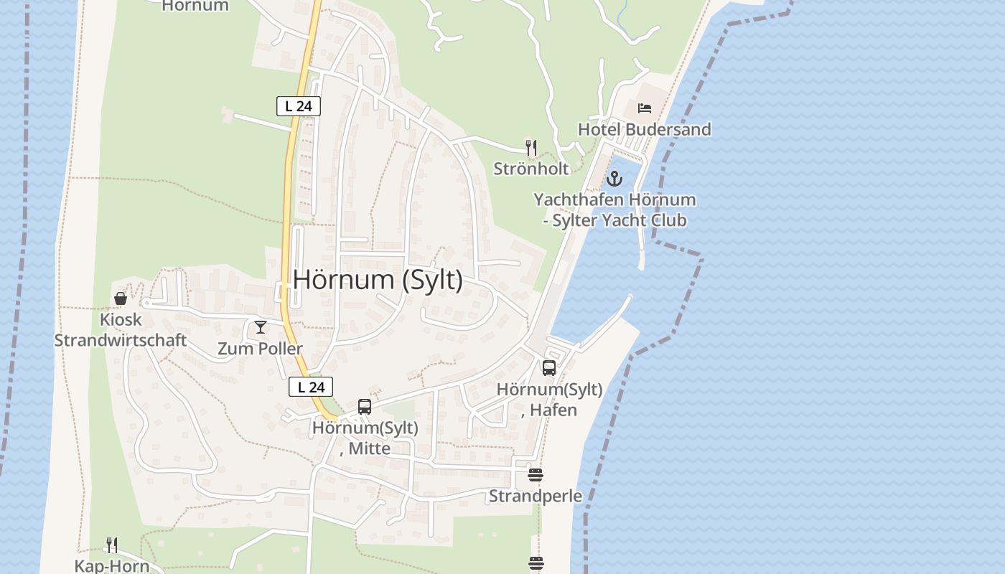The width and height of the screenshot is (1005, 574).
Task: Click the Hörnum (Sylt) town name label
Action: pyautogui.click(x=378, y=279)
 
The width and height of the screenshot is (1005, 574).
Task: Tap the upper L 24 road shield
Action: pyautogui.click(x=298, y=106)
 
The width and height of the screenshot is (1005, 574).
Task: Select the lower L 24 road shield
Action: pyautogui.click(x=311, y=387)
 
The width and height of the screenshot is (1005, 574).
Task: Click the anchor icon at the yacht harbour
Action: pyautogui.click(x=614, y=178)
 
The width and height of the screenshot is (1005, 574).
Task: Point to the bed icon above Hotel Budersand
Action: pyautogui.click(x=645, y=108)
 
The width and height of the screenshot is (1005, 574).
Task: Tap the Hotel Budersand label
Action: pyautogui.click(x=644, y=130)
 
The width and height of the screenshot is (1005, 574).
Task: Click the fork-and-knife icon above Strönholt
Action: pyautogui.click(x=531, y=148)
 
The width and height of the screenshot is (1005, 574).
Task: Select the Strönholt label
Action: pyautogui.click(x=531, y=169)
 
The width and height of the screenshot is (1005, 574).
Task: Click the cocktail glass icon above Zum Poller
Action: pyautogui.click(x=261, y=327)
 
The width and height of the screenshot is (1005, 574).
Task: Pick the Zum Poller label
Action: pyautogui.click(x=261, y=349)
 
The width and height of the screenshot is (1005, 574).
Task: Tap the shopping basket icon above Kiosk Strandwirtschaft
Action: pyautogui.click(x=121, y=298)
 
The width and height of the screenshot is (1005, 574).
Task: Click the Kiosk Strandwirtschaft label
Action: pyautogui.click(x=121, y=330)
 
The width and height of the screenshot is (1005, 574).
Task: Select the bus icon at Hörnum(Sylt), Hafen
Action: pyautogui.click(x=549, y=368)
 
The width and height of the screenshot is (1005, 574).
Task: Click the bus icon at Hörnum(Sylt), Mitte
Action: pyautogui.click(x=365, y=407)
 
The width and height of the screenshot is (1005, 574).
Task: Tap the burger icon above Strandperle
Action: pyautogui.click(x=536, y=475)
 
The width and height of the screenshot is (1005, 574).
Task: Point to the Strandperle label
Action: pyautogui.click(x=536, y=496)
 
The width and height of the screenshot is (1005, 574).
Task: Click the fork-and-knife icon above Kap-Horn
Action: pyautogui.click(x=112, y=545)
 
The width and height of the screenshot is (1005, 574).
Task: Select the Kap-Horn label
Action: pyautogui.click(x=112, y=565)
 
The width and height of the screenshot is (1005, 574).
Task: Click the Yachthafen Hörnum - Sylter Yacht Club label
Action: pyautogui.click(x=614, y=210)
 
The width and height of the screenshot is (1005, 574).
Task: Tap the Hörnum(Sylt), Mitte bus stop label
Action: pyautogui.click(x=365, y=438)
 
